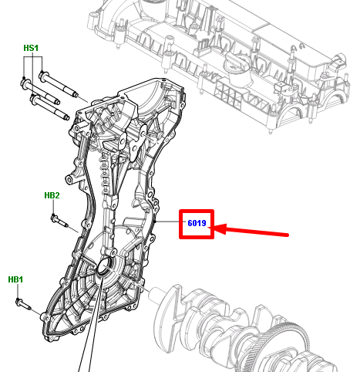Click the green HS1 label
31,48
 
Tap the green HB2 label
52,195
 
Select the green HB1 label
15,279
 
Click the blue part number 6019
197,223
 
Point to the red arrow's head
218,228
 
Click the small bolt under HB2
59,222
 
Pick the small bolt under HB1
23,304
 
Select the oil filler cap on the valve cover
236,67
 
